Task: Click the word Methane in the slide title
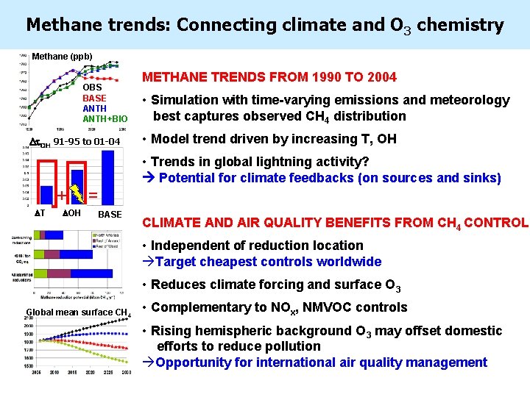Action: point(62,25)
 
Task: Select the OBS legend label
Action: point(93,87)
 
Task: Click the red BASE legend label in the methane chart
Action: point(94,98)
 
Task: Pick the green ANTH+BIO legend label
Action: point(105,118)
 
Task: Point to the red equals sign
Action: point(93,195)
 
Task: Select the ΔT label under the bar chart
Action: point(40,213)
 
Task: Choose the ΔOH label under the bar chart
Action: point(71,213)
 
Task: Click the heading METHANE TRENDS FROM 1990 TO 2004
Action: point(269,77)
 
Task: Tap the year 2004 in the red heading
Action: point(380,77)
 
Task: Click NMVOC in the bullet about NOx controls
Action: point(314,307)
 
